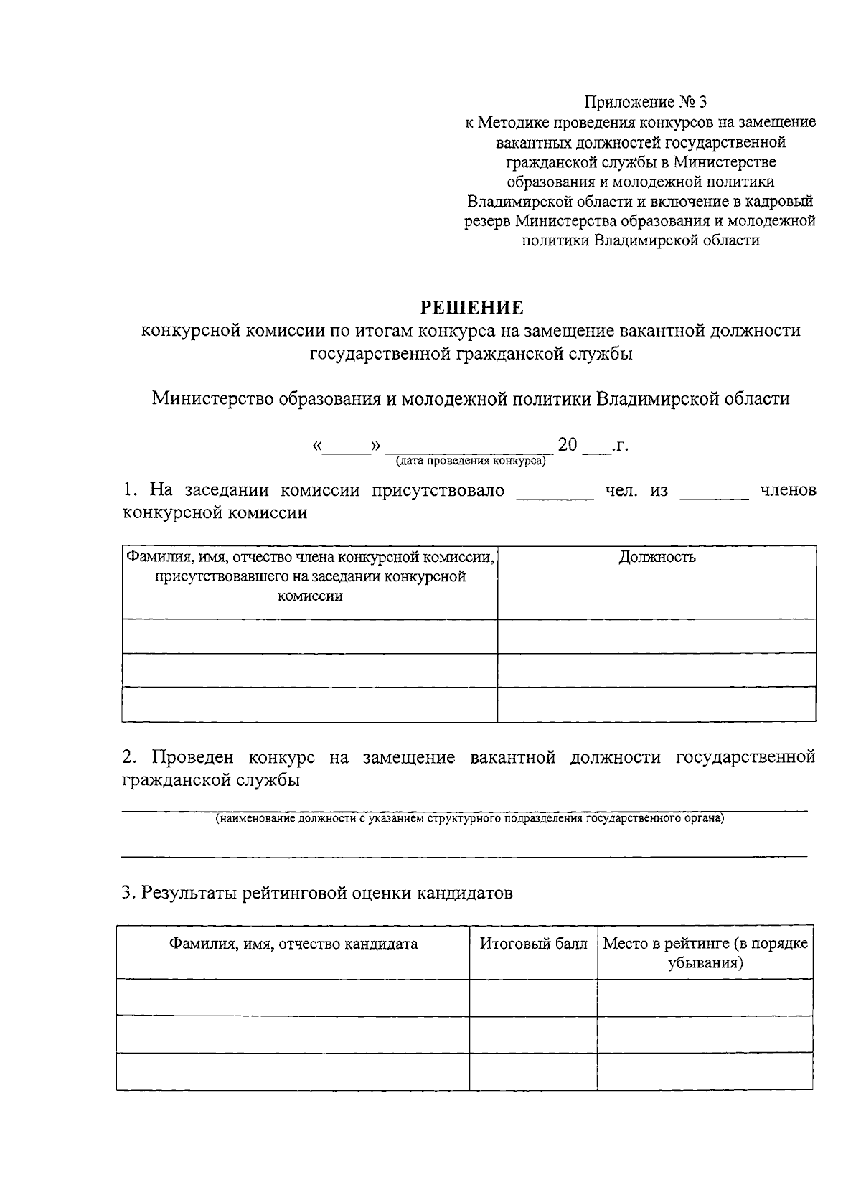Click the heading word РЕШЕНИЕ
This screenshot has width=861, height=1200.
click(471, 308)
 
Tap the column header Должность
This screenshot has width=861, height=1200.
click(657, 557)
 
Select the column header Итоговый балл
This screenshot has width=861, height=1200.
click(533, 943)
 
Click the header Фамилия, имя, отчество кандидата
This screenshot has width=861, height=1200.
click(293, 943)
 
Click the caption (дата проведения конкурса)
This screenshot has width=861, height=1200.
click(471, 461)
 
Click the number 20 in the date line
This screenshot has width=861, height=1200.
click(568, 445)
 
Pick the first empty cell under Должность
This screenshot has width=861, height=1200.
click(657, 636)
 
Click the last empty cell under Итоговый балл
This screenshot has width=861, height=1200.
click(533, 1071)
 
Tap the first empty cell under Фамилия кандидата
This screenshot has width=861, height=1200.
click(293, 996)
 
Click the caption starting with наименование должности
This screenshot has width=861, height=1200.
click(471, 818)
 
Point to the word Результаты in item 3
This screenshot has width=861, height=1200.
click(189, 893)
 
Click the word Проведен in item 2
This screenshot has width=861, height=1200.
click(191, 757)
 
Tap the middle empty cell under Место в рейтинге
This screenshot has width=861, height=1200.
click(705, 1033)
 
